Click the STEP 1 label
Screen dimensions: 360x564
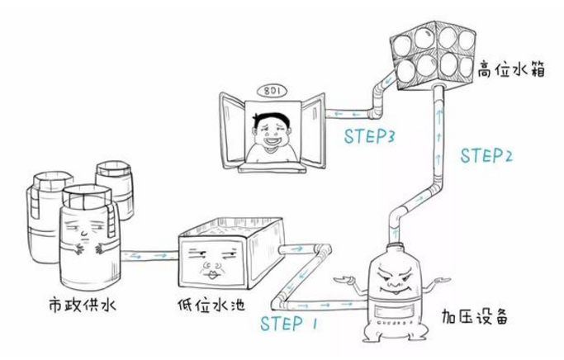(x=288, y=324)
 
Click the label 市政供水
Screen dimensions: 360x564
(x=80, y=306)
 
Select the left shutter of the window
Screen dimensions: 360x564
(x=230, y=128)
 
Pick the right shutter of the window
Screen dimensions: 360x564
(x=311, y=128)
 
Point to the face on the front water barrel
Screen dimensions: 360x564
(x=83, y=235)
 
